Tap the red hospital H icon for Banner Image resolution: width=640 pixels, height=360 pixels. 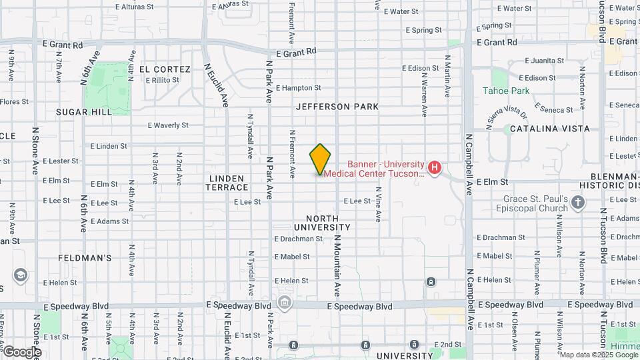point(435,167)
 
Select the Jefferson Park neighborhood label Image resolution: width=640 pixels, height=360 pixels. point(337,107)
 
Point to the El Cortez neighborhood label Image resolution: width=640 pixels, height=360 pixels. point(165,69)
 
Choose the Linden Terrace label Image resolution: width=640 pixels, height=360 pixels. point(227,183)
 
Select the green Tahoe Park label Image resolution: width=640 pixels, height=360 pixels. point(506,91)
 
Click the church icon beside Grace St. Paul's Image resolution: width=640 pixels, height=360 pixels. point(577,201)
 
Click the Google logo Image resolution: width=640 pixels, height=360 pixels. point(22,351)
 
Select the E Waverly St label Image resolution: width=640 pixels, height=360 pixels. point(168,125)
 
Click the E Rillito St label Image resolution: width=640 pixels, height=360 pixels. point(162,80)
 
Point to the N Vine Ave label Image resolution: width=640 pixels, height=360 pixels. point(378,203)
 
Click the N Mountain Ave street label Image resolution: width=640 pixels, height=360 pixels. point(337,266)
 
